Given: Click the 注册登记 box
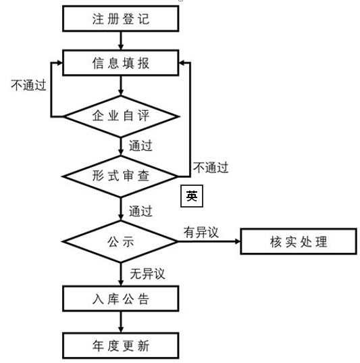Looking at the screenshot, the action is [120, 18].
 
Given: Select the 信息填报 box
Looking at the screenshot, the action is [120, 63].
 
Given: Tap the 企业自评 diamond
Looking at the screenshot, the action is [120, 116].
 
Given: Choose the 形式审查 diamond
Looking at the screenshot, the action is [120, 176].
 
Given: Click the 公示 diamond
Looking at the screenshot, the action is [120, 241].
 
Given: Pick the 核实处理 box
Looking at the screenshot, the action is [299, 241].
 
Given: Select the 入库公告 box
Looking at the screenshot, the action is [120, 299].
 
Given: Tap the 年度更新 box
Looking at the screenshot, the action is [120, 345].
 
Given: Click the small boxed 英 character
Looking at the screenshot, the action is [192, 196].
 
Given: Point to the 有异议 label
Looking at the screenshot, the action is [201, 233].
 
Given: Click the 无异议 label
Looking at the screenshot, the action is [147, 274].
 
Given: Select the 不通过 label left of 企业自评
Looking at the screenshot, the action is [28, 85].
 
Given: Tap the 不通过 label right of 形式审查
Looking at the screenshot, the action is [211, 168].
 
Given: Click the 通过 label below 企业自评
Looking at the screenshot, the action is [140, 145].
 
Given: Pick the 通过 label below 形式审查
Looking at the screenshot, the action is [140, 211].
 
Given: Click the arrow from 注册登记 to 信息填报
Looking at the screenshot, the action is [120, 41].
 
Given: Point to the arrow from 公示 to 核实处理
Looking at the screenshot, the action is [209, 241].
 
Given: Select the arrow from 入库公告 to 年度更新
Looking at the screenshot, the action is [120, 322].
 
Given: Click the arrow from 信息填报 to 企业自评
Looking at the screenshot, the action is [120, 85].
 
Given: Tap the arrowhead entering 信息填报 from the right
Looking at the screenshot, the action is [182, 63].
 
